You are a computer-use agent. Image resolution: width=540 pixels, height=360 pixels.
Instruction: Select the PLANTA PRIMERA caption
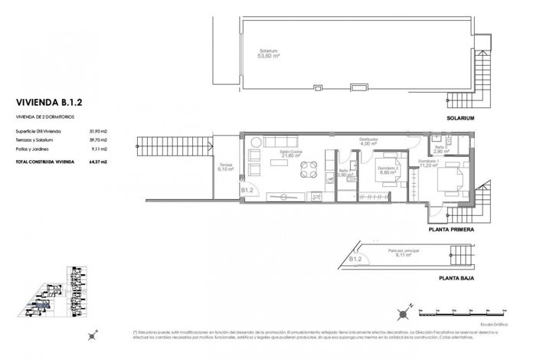pos(452,229)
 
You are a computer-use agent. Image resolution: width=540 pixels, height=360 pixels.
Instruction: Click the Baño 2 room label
pos(439,149)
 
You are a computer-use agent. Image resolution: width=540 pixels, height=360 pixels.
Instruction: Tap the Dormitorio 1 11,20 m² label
pos(427,163)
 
